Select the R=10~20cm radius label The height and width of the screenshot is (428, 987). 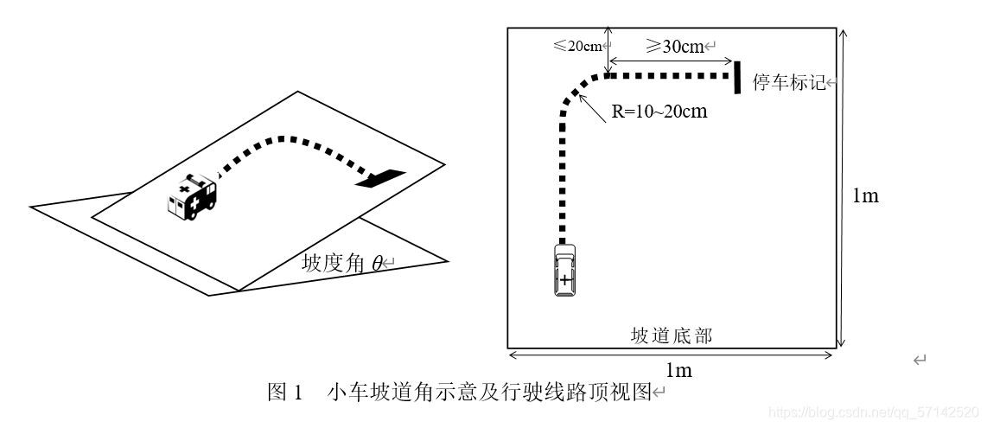tap(659, 112)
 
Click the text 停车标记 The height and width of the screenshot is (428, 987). tap(789, 84)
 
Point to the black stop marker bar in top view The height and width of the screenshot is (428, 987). tap(738, 76)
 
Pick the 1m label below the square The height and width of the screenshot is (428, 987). tap(678, 370)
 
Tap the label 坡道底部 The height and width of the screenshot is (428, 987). tap(672, 335)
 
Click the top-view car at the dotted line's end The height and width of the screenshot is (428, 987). tap(564, 271)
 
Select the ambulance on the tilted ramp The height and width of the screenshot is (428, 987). tap(192, 198)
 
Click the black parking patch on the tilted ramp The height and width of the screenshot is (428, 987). tap(379, 178)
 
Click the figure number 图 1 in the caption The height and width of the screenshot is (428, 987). tap(285, 393)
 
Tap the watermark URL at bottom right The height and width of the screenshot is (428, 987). tap(872, 412)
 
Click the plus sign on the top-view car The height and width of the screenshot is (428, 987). tap(564, 280)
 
